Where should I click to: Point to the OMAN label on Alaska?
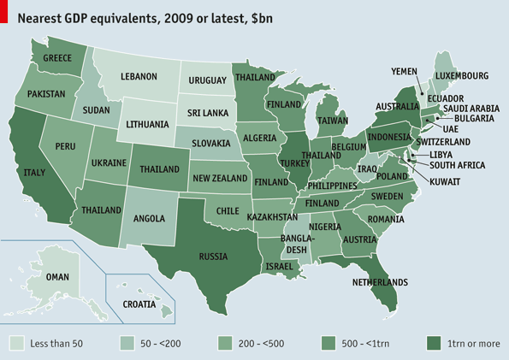click(57, 277)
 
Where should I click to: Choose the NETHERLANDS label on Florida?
click(380, 281)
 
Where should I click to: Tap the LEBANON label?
click(138, 76)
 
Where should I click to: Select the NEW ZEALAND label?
click(220, 178)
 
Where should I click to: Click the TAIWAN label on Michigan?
click(333, 121)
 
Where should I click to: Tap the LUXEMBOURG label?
click(461, 76)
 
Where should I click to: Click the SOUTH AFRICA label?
click(457, 165)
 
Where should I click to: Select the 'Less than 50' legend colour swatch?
click(16, 343)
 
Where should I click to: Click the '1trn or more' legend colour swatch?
click(435, 343)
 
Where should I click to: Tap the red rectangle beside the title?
click(3, 15)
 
